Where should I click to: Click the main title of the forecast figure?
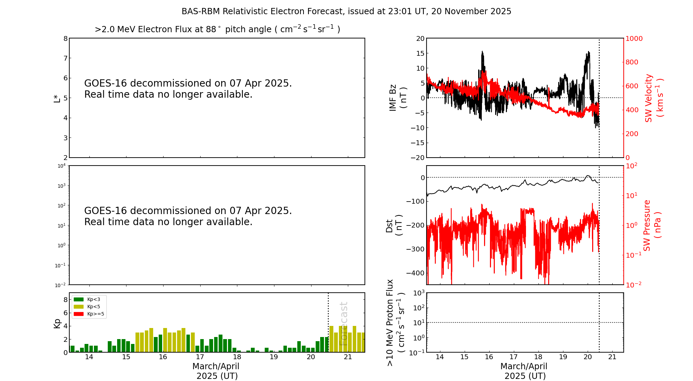pyautogui.click(x=346, y=11)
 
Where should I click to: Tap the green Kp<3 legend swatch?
pyautogui.click(x=79, y=299)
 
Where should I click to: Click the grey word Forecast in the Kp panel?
pyautogui.click(x=343, y=324)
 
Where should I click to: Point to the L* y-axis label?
pyautogui.click(x=57, y=98)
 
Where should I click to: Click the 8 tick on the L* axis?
pyautogui.click(x=65, y=38)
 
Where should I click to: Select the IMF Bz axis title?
pyautogui.click(x=397, y=98)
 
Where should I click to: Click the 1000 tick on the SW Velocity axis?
pyautogui.click(x=634, y=38)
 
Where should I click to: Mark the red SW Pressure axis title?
pyautogui.click(x=652, y=225)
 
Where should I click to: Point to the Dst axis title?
pyautogui.click(x=394, y=225)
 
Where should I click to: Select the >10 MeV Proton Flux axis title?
pyautogui.click(x=395, y=322)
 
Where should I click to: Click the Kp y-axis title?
pyautogui.click(x=57, y=323)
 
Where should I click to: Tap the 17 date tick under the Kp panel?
pyautogui.click(x=200, y=357)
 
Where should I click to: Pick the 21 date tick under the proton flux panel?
pyautogui.click(x=612, y=357)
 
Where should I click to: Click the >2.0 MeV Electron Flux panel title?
pyautogui.click(x=217, y=29)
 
